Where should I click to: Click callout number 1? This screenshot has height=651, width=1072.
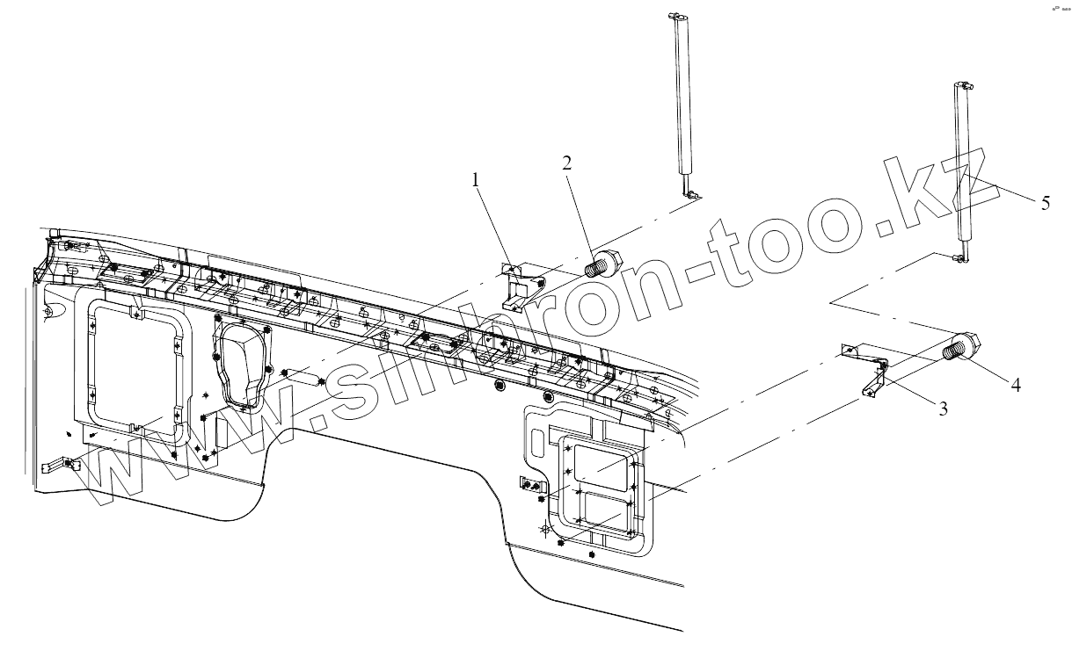[476, 180]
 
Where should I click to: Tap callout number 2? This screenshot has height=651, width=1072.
[566, 162]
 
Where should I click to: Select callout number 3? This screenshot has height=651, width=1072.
[944, 409]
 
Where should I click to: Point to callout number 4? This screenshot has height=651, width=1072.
[1016, 384]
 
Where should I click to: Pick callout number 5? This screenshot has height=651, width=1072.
[1045, 203]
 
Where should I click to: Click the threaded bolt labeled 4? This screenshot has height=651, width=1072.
[964, 347]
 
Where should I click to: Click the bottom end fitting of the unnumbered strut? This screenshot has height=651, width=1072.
[690, 191]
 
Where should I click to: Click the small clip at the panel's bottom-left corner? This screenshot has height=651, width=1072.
[67, 465]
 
